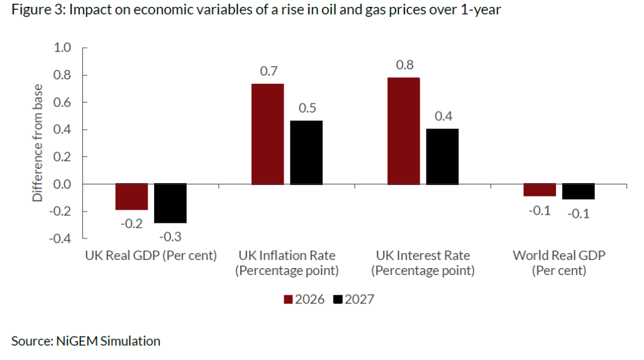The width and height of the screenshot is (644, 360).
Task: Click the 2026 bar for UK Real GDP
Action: (131, 196)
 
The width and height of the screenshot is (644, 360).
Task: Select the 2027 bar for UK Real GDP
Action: (170, 203)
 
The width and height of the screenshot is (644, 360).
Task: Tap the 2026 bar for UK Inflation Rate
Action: (267, 134)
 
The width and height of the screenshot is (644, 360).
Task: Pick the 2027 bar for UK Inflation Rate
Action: (306, 152)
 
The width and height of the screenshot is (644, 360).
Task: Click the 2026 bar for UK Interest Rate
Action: (403, 131)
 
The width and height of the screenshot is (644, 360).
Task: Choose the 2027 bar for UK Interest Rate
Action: (442, 156)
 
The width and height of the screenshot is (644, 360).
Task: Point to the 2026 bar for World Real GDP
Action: (540, 189)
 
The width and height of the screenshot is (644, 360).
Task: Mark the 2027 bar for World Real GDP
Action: (579, 191)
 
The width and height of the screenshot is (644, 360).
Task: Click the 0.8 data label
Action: (404, 65)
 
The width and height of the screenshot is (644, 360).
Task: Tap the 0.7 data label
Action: (269, 71)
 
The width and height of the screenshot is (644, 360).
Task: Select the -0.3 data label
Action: (171, 236)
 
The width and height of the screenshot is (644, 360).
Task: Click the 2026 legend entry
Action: (305, 299)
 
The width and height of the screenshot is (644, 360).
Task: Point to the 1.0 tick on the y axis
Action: (63, 48)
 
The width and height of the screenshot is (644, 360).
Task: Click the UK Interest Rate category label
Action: (423, 263)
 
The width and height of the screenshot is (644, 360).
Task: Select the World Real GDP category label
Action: (558, 263)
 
